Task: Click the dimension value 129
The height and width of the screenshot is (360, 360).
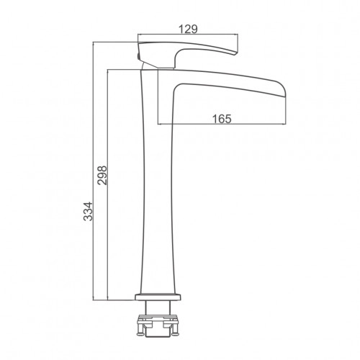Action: point(188,30)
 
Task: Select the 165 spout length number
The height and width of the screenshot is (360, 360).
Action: point(222,119)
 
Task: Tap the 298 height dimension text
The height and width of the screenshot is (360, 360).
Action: point(102,175)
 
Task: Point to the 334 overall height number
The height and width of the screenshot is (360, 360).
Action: point(88,211)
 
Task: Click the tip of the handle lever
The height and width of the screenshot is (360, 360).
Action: point(236,54)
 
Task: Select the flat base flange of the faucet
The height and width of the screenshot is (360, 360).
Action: point(158,297)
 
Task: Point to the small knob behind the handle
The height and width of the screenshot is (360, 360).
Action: point(138,56)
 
